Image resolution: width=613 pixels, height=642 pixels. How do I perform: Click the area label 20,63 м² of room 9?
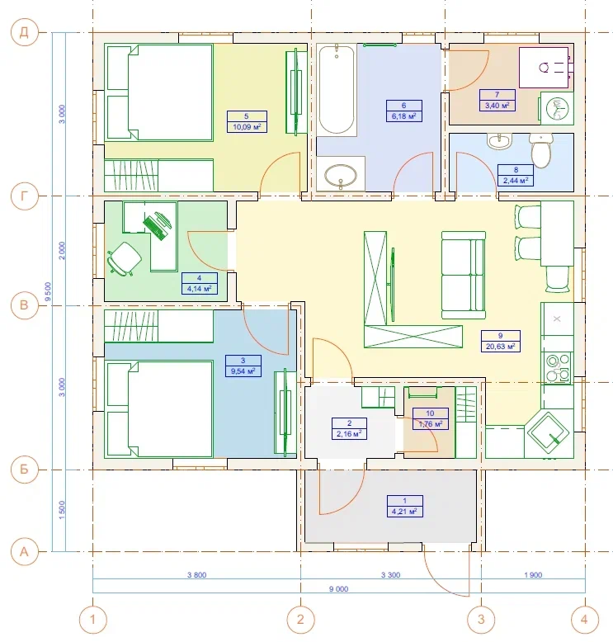[x=501, y=347]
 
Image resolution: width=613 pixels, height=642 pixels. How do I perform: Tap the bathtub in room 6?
[x=336, y=90]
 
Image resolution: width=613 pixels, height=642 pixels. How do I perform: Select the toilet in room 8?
[x=541, y=150]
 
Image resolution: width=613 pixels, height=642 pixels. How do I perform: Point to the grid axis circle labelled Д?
[x=24, y=32]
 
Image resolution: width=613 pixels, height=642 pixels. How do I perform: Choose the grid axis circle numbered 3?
[x=481, y=620]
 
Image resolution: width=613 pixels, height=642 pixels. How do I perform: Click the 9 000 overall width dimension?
[x=338, y=588]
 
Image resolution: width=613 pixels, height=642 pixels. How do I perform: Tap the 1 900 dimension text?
[x=533, y=575]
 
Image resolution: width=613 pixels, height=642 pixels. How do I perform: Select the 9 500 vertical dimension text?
[x=49, y=291]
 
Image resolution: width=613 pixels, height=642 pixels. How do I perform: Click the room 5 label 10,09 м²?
[x=247, y=127]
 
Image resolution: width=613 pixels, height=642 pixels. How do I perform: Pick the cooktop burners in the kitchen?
[x=559, y=368]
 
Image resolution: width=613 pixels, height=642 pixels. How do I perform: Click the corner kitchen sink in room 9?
[x=549, y=433]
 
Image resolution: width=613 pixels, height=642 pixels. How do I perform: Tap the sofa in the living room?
[x=464, y=275]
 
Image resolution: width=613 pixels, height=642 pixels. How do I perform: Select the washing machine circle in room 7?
[x=558, y=108]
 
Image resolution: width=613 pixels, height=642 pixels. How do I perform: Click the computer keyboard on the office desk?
[x=156, y=226]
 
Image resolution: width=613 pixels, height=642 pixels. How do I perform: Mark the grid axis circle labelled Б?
[x=24, y=470]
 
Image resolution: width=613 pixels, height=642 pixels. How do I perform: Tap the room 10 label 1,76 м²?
[x=431, y=424]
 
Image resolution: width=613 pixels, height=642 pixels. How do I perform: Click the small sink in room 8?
[x=500, y=141]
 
